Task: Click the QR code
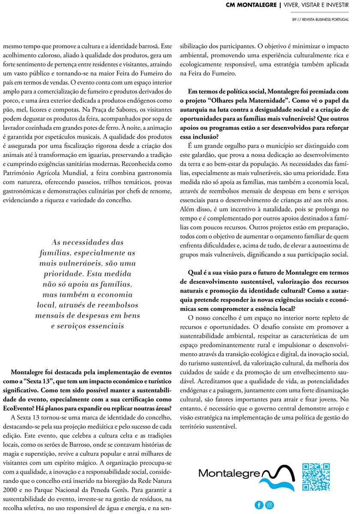point(316,477)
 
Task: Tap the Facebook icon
point(259,505)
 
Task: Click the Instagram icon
point(270,505)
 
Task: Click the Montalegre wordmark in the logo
point(229,473)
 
